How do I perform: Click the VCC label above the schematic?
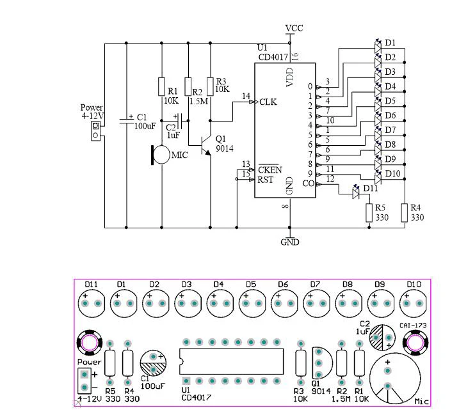(x=294, y=28)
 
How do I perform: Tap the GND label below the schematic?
(x=290, y=242)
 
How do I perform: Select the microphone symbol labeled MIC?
(x=161, y=155)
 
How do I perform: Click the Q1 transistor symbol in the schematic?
(x=204, y=146)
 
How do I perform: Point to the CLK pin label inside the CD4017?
(x=268, y=102)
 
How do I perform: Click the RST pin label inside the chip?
(x=265, y=180)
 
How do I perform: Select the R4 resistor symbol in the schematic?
(x=405, y=213)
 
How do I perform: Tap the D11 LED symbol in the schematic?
(x=356, y=192)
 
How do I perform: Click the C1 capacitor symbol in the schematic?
(x=126, y=121)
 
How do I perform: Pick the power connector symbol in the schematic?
(x=95, y=130)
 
